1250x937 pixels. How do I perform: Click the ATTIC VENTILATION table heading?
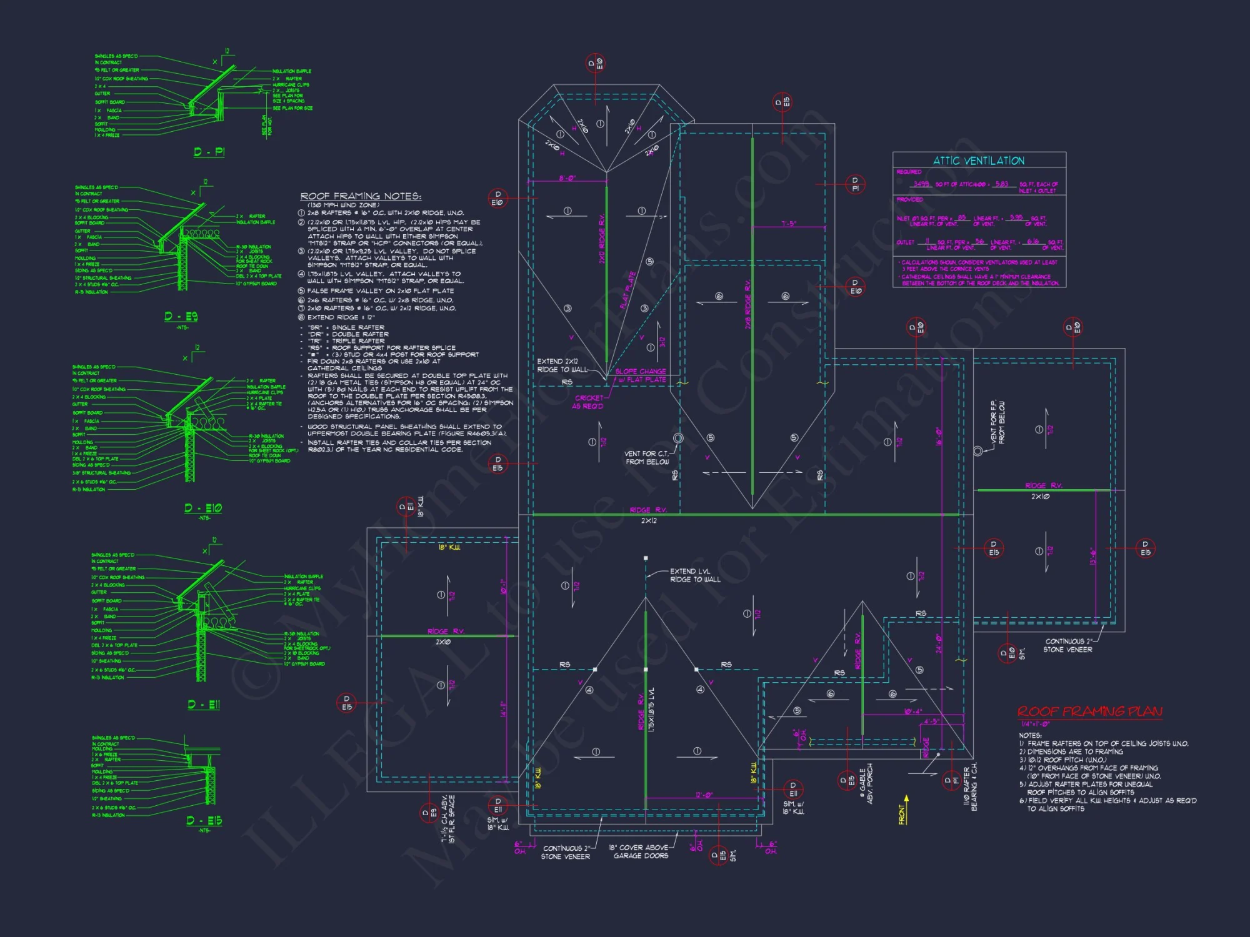click(979, 161)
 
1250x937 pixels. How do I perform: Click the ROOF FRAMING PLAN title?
click(1089, 711)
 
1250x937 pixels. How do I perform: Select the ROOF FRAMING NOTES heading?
click(361, 196)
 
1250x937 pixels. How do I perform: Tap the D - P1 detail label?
click(209, 152)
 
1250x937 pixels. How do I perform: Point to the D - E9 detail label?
click(181, 317)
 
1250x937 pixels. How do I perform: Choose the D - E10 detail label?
click(203, 508)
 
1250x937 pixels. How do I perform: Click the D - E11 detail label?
click(204, 705)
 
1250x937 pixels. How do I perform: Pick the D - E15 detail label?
click(204, 820)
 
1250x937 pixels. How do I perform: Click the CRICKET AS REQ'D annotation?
click(588, 402)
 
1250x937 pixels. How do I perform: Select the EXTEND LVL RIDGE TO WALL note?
click(695, 575)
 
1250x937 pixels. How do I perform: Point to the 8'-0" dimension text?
click(567, 179)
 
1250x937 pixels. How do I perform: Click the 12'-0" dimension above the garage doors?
click(704, 795)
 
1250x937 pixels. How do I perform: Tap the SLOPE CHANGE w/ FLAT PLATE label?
click(641, 375)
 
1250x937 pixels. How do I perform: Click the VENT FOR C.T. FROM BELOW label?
click(647, 458)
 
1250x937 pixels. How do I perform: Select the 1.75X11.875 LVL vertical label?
click(652, 710)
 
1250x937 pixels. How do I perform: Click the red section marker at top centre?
click(595, 63)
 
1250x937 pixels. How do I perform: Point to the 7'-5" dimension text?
click(789, 223)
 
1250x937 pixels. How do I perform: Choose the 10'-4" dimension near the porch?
click(912, 711)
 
